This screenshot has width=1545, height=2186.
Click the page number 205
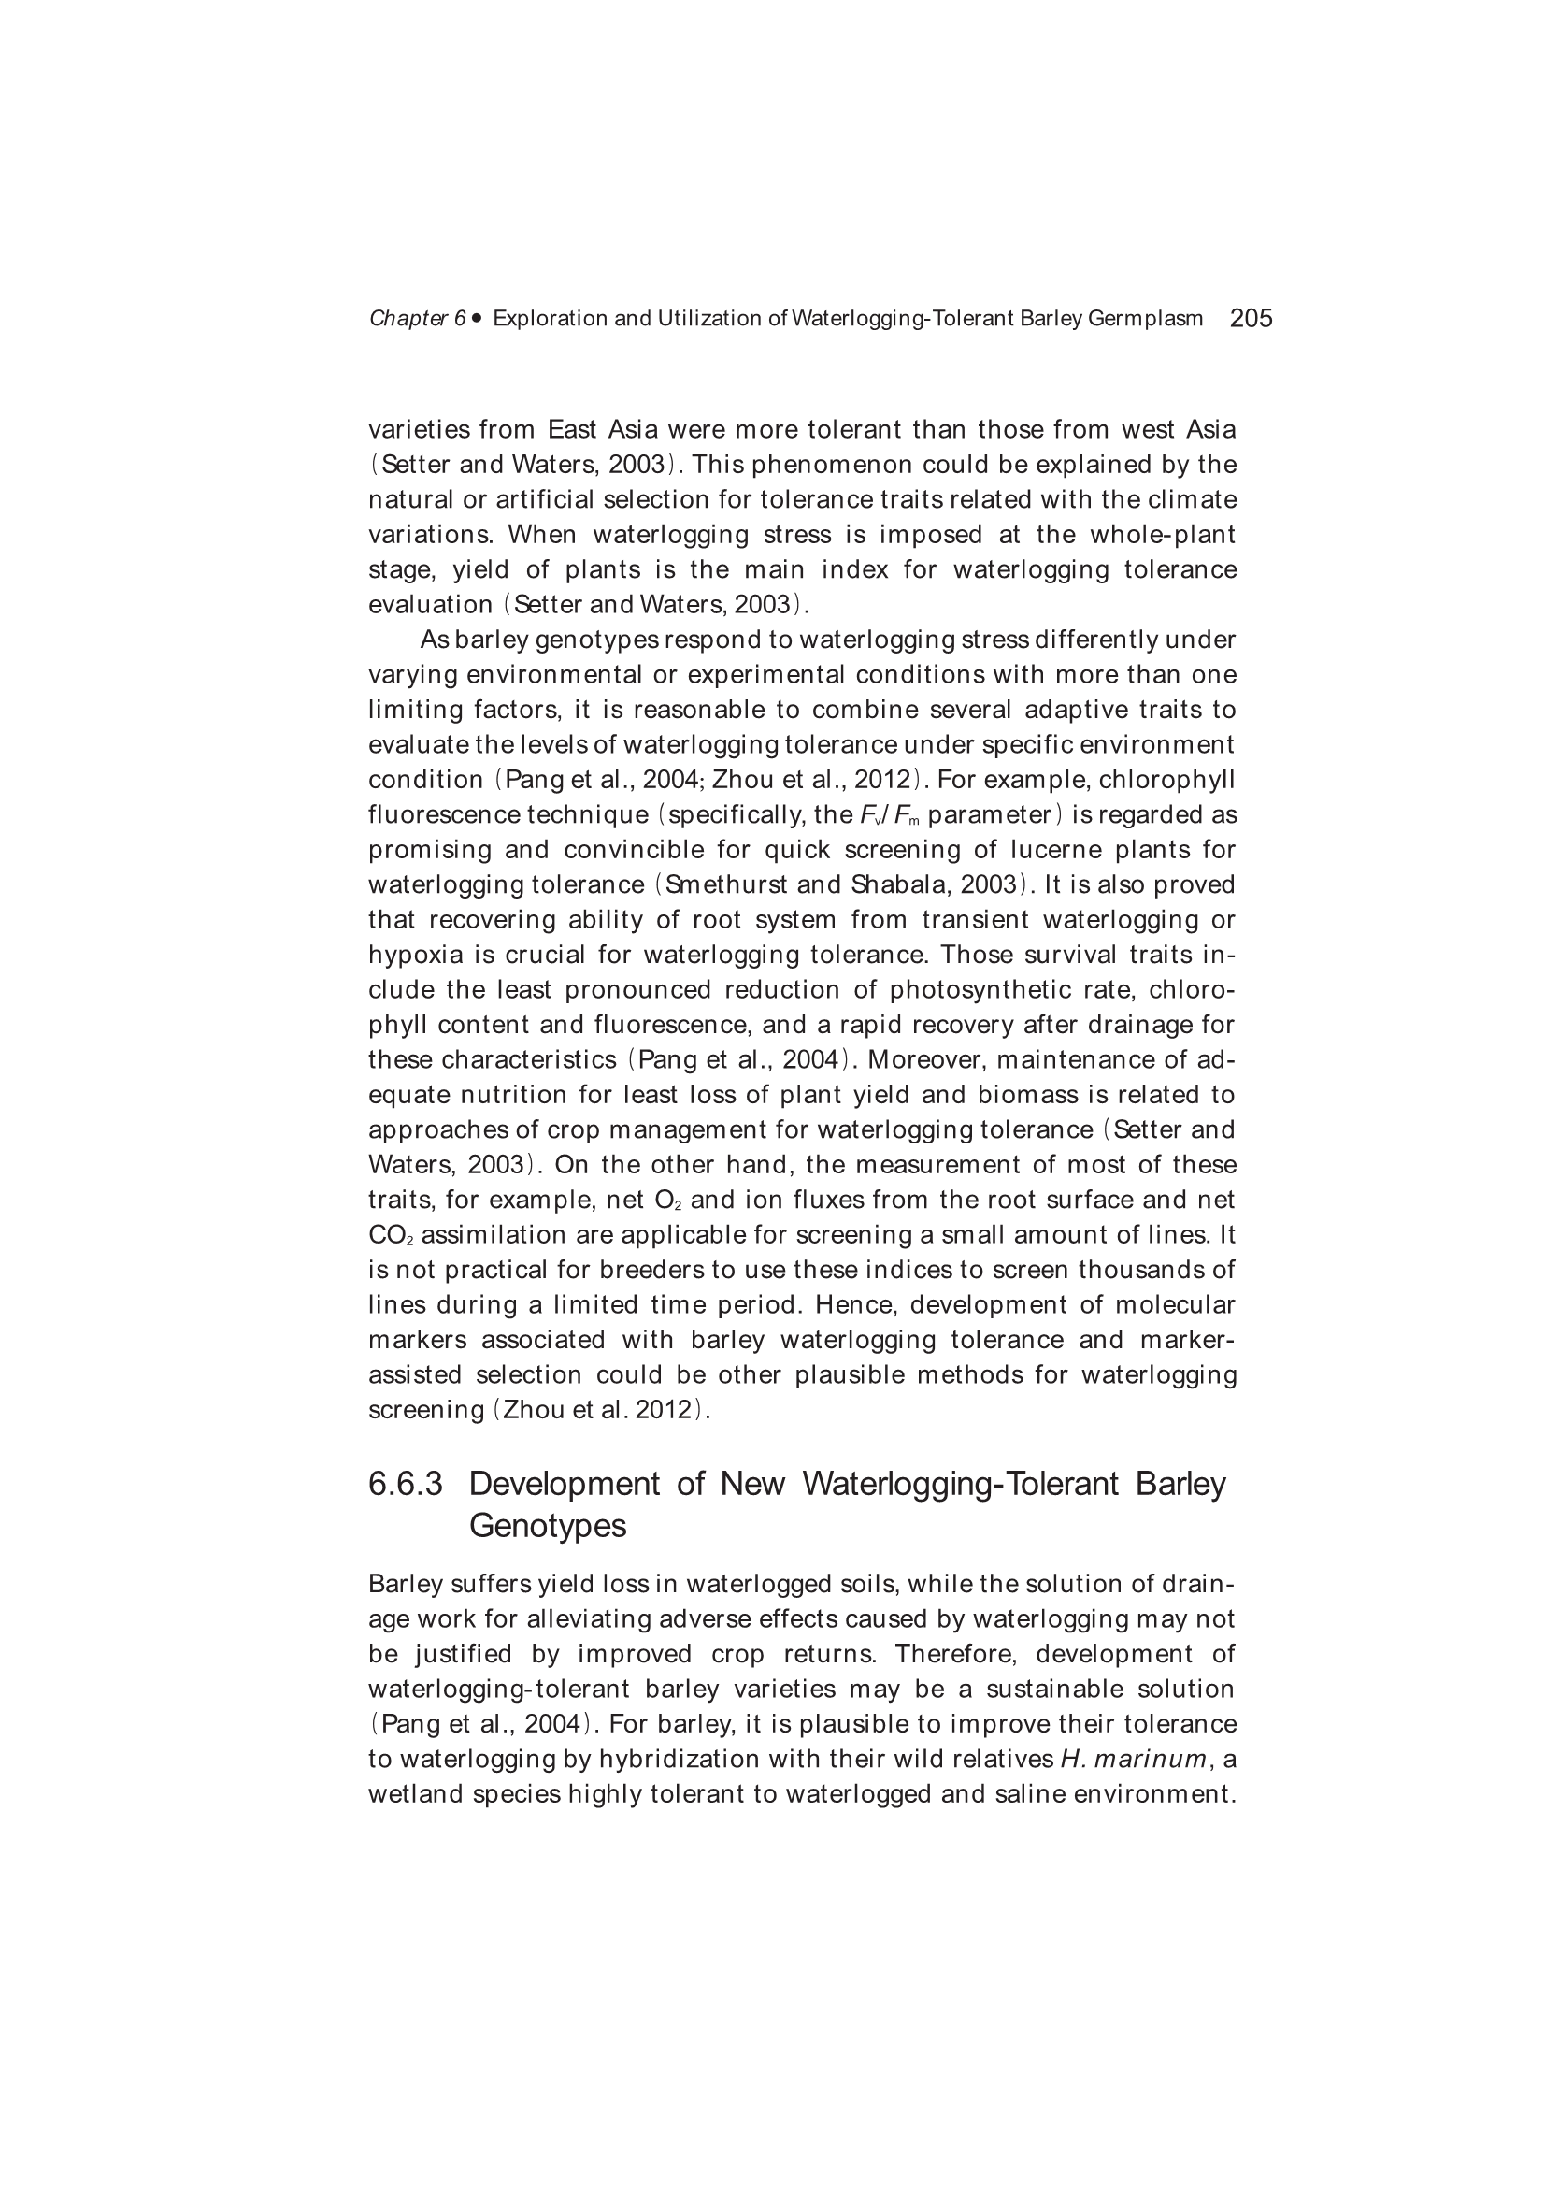click(1251, 318)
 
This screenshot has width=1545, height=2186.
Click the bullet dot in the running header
click(476, 318)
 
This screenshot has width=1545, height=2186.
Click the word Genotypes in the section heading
click(548, 1526)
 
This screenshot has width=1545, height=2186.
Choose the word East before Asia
click(572, 430)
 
